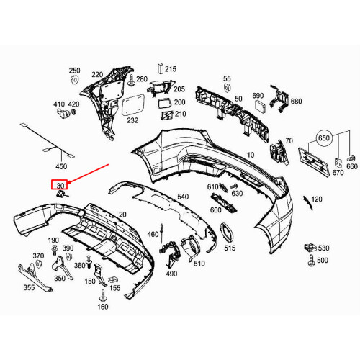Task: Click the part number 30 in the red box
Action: point(59,184)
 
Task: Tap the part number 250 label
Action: point(75,71)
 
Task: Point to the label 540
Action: point(182,197)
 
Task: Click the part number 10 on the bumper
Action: point(251,155)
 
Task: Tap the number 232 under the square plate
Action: point(132,121)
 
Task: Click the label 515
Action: point(230,248)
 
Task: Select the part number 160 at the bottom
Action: point(103,307)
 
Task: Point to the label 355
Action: point(29,288)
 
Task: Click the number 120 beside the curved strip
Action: point(316,199)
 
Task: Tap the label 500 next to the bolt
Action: point(323,261)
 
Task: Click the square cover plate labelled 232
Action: point(132,105)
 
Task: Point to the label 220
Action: point(96,74)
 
